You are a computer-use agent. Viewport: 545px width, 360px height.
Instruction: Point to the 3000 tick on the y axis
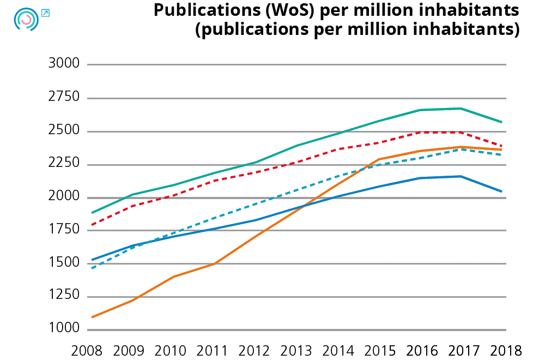tap(64, 64)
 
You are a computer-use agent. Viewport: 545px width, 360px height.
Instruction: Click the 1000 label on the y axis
tap(64, 329)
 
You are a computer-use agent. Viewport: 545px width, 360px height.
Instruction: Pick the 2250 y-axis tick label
tap(64, 164)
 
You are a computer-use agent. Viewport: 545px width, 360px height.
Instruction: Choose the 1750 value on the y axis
tap(64, 230)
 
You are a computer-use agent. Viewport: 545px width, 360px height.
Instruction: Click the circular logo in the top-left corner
tap(26, 20)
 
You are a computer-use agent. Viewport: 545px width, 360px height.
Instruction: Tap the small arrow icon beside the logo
tap(45, 13)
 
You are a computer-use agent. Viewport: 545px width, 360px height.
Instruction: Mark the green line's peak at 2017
tap(461, 109)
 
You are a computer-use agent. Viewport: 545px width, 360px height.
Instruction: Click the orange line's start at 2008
tap(92, 317)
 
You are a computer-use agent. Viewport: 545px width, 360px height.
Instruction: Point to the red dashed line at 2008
tap(92, 225)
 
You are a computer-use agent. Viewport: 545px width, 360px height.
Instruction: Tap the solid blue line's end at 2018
tap(501, 191)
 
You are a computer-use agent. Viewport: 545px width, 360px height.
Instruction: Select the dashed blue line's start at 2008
tap(92, 268)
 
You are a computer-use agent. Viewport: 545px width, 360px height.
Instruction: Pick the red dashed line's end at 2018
tap(501, 146)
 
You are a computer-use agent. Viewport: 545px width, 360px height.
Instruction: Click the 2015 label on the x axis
tap(380, 350)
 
